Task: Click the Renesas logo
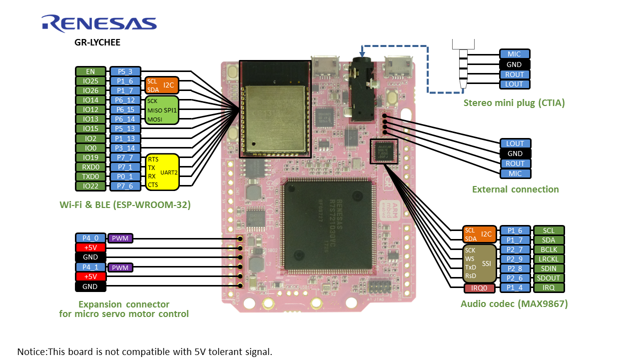[x=99, y=23]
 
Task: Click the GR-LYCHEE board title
[x=97, y=42]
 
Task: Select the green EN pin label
[x=90, y=71]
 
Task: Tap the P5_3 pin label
[x=125, y=71]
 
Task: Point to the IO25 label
[x=90, y=81]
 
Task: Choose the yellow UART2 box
[x=162, y=172]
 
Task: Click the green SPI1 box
[x=162, y=110]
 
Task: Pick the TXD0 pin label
[x=90, y=176]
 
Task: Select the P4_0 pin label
[x=90, y=238]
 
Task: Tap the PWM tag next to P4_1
[x=120, y=267]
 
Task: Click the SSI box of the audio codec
[x=479, y=263]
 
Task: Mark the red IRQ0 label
[x=479, y=288]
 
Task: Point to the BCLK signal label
[x=549, y=249]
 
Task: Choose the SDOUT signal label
[x=549, y=278]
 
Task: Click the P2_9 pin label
[x=515, y=259]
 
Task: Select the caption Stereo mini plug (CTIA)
[x=514, y=103]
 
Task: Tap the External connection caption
[x=515, y=189]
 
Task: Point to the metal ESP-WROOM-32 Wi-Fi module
[x=274, y=118]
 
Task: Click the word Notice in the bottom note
[x=31, y=351]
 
